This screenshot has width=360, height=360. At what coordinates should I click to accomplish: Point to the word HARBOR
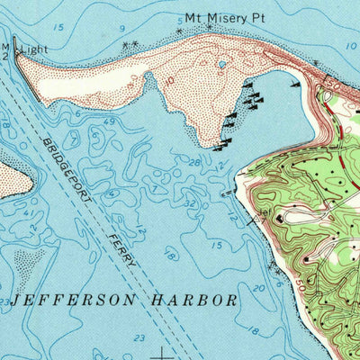[194, 300]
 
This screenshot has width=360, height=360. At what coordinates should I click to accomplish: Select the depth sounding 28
[194, 161]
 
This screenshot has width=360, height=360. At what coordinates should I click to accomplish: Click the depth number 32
[190, 203]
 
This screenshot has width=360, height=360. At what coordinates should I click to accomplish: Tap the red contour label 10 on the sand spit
[170, 80]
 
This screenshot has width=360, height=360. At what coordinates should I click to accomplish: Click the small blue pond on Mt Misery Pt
[220, 65]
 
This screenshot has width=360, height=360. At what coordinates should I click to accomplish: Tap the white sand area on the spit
[90, 81]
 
